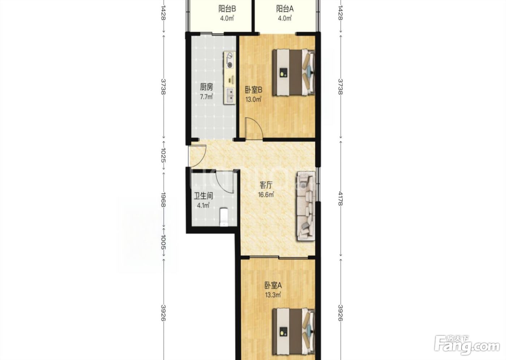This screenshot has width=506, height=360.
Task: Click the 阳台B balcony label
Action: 227,9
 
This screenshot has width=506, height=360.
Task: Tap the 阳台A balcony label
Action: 285,9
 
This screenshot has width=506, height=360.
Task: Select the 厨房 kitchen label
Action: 206,87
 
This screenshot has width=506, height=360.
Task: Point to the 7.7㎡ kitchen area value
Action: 206,97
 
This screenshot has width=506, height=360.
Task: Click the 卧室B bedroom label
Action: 254,90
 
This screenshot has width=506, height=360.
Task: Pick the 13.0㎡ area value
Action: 254,99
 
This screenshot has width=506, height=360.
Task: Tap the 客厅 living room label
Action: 266,185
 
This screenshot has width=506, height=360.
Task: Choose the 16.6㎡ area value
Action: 266,195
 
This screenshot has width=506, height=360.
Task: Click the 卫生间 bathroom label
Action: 203,196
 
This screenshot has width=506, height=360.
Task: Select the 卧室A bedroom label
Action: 273,286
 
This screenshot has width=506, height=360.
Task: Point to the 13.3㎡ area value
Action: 273,295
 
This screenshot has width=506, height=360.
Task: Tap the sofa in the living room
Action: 306,206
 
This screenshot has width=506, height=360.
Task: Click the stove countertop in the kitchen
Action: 230,78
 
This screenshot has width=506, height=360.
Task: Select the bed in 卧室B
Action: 293,72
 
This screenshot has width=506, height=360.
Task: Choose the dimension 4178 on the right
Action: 340,198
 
